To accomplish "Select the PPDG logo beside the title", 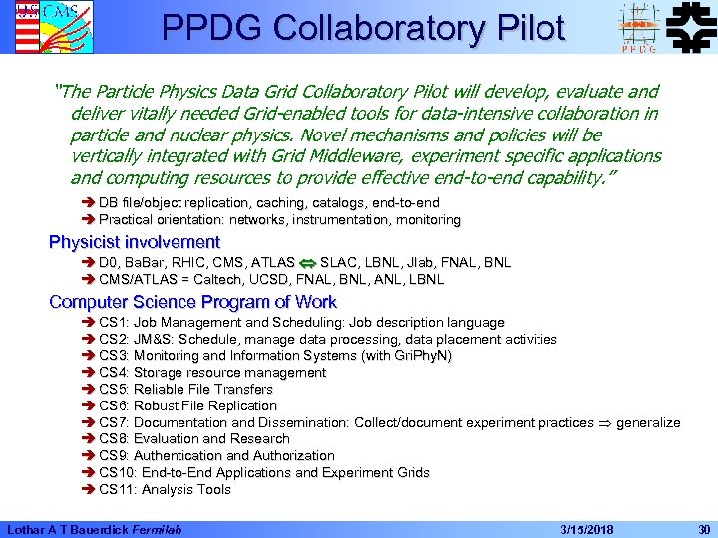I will (x=637, y=27).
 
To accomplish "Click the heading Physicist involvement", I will (x=135, y=242).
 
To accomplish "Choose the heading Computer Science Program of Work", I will (x=192, y=302).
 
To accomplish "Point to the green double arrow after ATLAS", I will (x=307, y=263).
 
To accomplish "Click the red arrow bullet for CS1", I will (x=89, y=323).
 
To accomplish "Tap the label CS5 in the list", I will (x=112, y=390).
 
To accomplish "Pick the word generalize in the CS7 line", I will (x=648, y=423).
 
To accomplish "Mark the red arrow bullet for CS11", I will (x=89, y=490).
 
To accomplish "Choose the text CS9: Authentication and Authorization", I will (x=216, y=456).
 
